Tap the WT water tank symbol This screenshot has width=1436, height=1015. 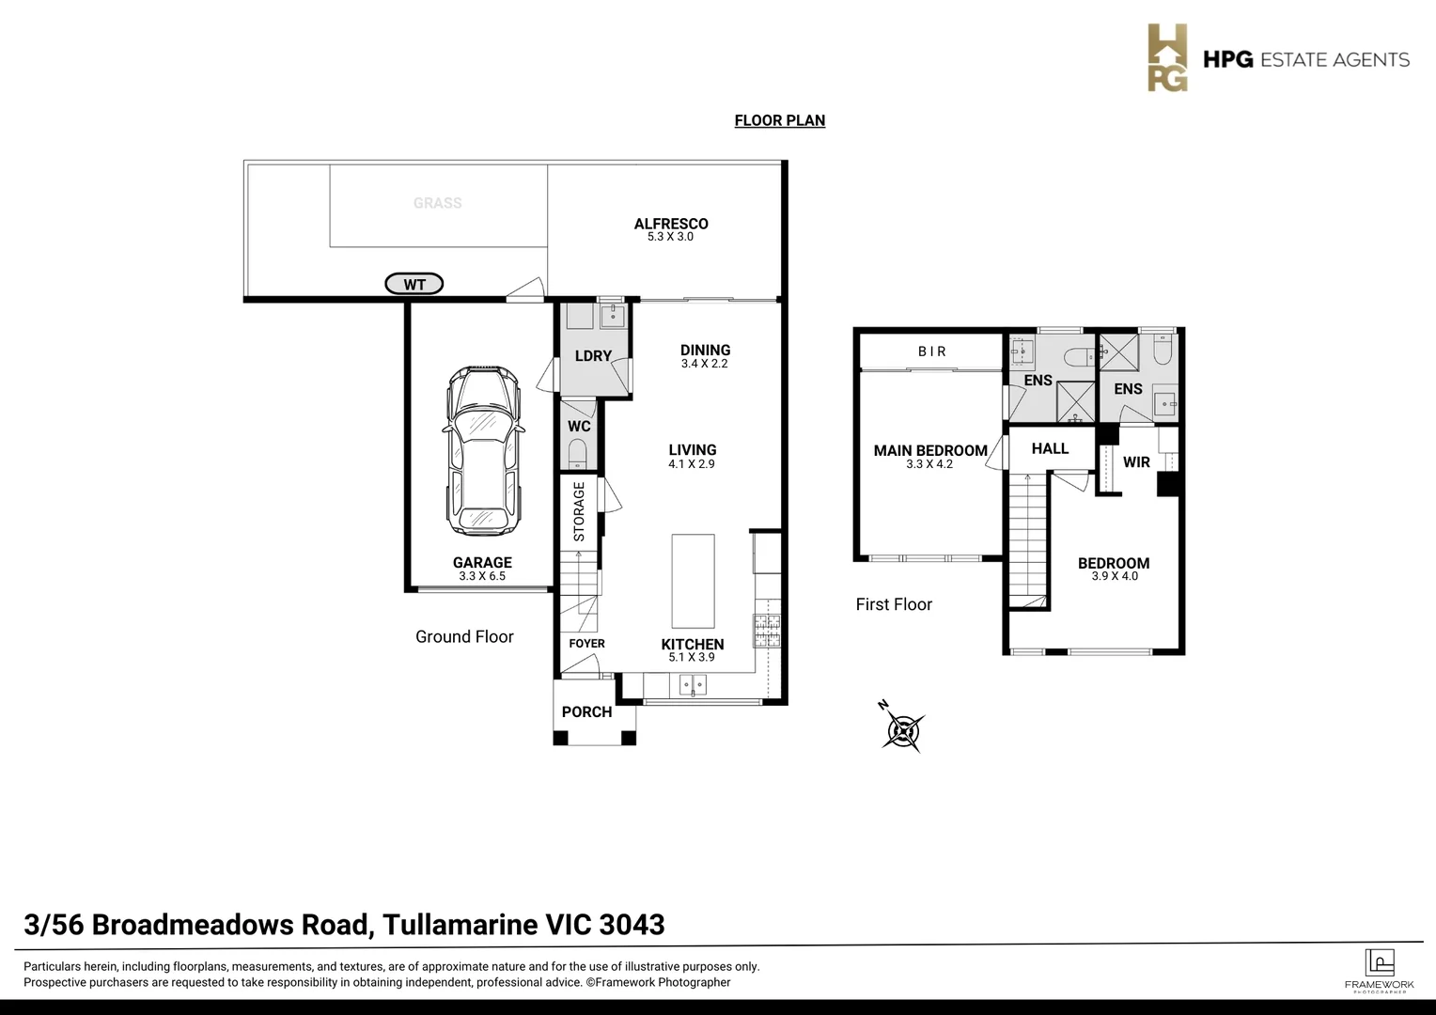point(414,284)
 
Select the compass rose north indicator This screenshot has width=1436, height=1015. point(903,728)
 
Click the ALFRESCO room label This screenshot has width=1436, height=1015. point(670,224)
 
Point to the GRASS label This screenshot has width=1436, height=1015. point(437,203)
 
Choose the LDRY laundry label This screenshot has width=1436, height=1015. point(593,356)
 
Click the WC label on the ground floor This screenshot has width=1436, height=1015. point(579,427)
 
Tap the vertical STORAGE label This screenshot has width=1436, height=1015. point(579,512)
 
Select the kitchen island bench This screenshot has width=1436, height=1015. point(693,581)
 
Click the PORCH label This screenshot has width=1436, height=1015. point(586,712)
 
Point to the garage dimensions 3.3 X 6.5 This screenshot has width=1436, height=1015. point(482,576)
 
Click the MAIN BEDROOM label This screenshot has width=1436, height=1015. point(929,450)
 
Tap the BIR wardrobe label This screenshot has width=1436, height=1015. point(932,351)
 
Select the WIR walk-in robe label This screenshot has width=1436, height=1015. point(1136,462)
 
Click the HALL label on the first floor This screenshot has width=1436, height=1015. point(1050,449)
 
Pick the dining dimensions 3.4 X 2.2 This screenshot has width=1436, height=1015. point(705,364)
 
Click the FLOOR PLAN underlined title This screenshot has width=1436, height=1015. point(779,120)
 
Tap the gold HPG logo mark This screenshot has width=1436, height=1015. point(1167,58)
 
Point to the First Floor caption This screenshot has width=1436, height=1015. point(894,604)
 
